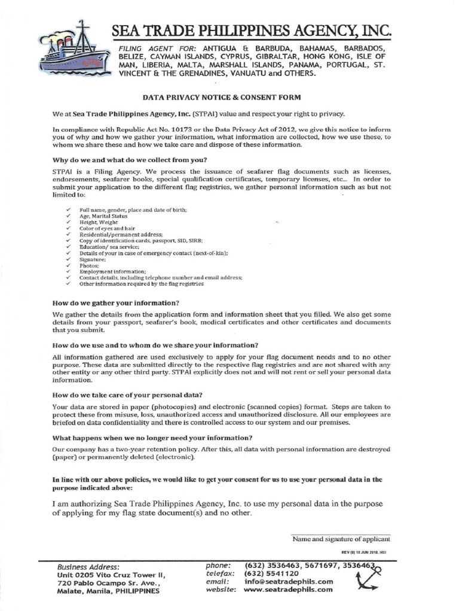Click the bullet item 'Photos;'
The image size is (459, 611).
pyautogui.click(x=89, y=266)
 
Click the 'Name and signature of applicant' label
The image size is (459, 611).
pyautogui.click(x=341, y=539)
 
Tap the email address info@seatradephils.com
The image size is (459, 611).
pyautogui.click(x=289, y=581)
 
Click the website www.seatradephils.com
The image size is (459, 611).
pyautogui.click(x=288, y=590)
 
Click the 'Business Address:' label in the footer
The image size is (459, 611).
pyautogui.click(x=88, y=567)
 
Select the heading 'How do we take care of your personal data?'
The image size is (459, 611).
pyautogui.click(x=127, y=395)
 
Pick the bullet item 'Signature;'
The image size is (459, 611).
pyautogui.click(x=93, y=260)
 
